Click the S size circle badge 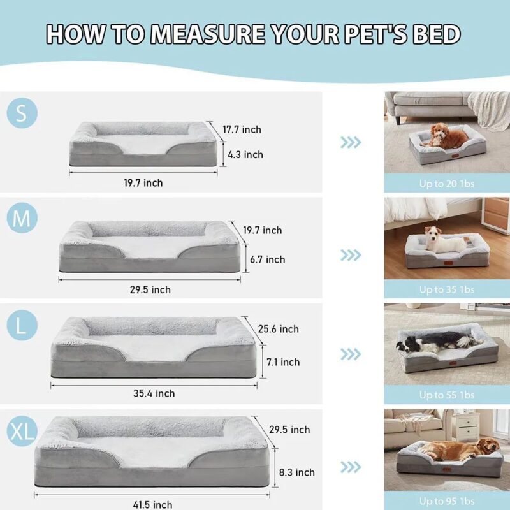(22, 113)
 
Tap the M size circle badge (22, 219)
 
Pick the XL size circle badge (22, 431)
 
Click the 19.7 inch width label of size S (143, 183)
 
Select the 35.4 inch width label (154, 393)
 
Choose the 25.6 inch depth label (278, 329)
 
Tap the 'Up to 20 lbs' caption (446, 184)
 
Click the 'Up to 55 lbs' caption (446, 395)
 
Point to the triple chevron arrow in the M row (351, 255)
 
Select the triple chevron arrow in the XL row (351, 467)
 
